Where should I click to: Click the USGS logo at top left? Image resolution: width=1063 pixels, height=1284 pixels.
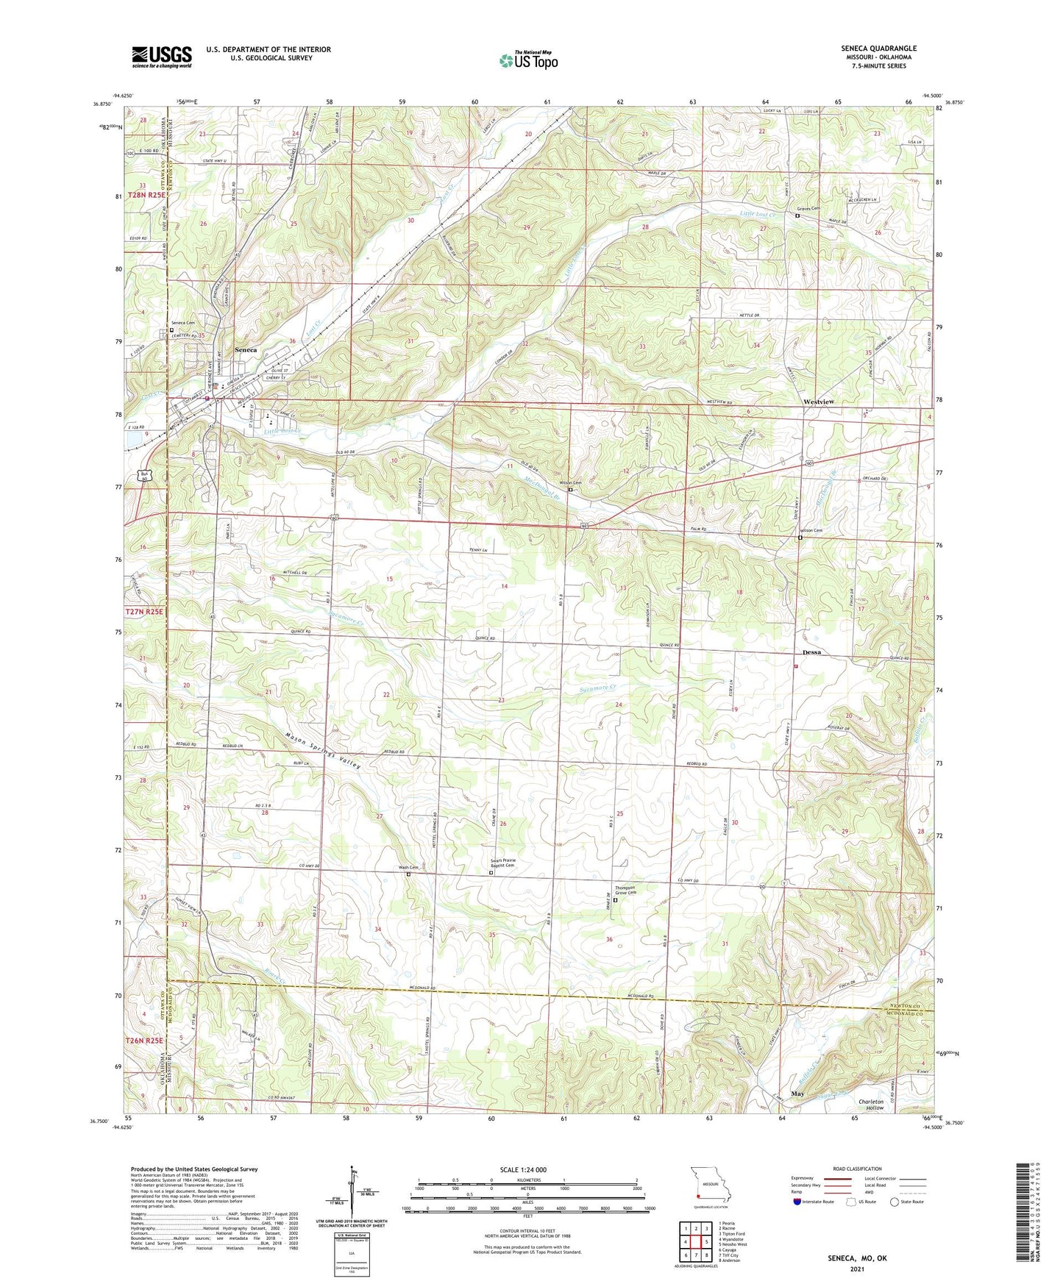tap(162, 57)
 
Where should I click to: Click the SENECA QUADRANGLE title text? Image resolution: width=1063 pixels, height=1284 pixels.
tap(878, 49)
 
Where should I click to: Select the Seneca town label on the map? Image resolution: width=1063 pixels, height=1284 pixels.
tap(245, 350)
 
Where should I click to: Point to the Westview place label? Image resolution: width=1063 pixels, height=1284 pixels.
tap(819, 402)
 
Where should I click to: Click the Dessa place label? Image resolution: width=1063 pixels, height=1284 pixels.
tap(811, 652)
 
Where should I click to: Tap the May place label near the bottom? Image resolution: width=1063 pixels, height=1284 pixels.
tap(797, 1094)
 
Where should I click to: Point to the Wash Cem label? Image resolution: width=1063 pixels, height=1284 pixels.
tap(408, 868)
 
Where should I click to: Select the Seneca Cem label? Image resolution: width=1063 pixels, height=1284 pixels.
tap(183, 324)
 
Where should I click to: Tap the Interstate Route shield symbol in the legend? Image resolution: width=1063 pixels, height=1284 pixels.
tap(798, 1202)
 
